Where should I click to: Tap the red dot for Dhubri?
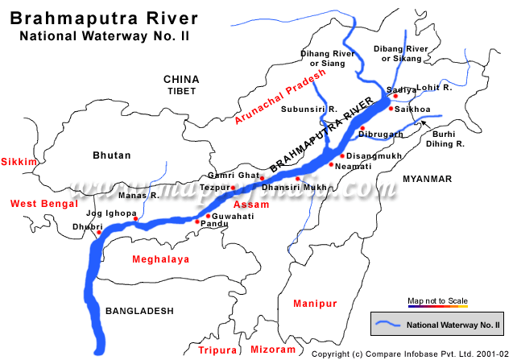coord(99,233)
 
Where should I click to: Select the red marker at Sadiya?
coord(395,97)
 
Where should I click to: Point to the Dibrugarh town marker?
coord(363,129)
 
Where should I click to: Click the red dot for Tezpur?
coord(234,188)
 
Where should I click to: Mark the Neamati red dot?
coord(331,164)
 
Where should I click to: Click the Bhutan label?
coord(112,155)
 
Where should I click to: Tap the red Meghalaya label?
coord(160,259)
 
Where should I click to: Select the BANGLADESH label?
coord(139,310)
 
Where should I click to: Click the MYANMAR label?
coord(428,178)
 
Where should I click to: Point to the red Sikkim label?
coord(19,162)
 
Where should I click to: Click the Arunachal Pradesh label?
coord(281,97)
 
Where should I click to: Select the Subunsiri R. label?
coord(305,110)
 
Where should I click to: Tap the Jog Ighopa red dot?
coord(136,219)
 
